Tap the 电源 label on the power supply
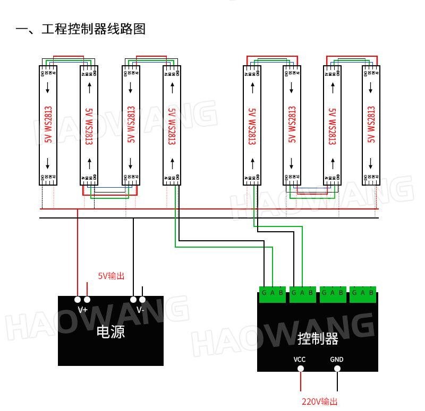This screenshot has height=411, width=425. [110, 333]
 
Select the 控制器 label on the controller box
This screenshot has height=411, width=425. [318, 338]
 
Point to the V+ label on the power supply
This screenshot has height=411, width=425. [82, 310]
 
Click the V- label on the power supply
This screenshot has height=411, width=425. [140, 310]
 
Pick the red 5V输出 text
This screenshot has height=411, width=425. [111, 276]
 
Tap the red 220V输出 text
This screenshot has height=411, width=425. [320, 402]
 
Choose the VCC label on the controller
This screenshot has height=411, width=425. [300, 360]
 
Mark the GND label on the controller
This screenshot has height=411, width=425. [337, 360]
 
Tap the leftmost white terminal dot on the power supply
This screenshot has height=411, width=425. [78, 300]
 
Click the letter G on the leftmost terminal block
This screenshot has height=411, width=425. [264, 293]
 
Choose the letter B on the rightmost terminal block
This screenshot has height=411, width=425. [371, 293]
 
